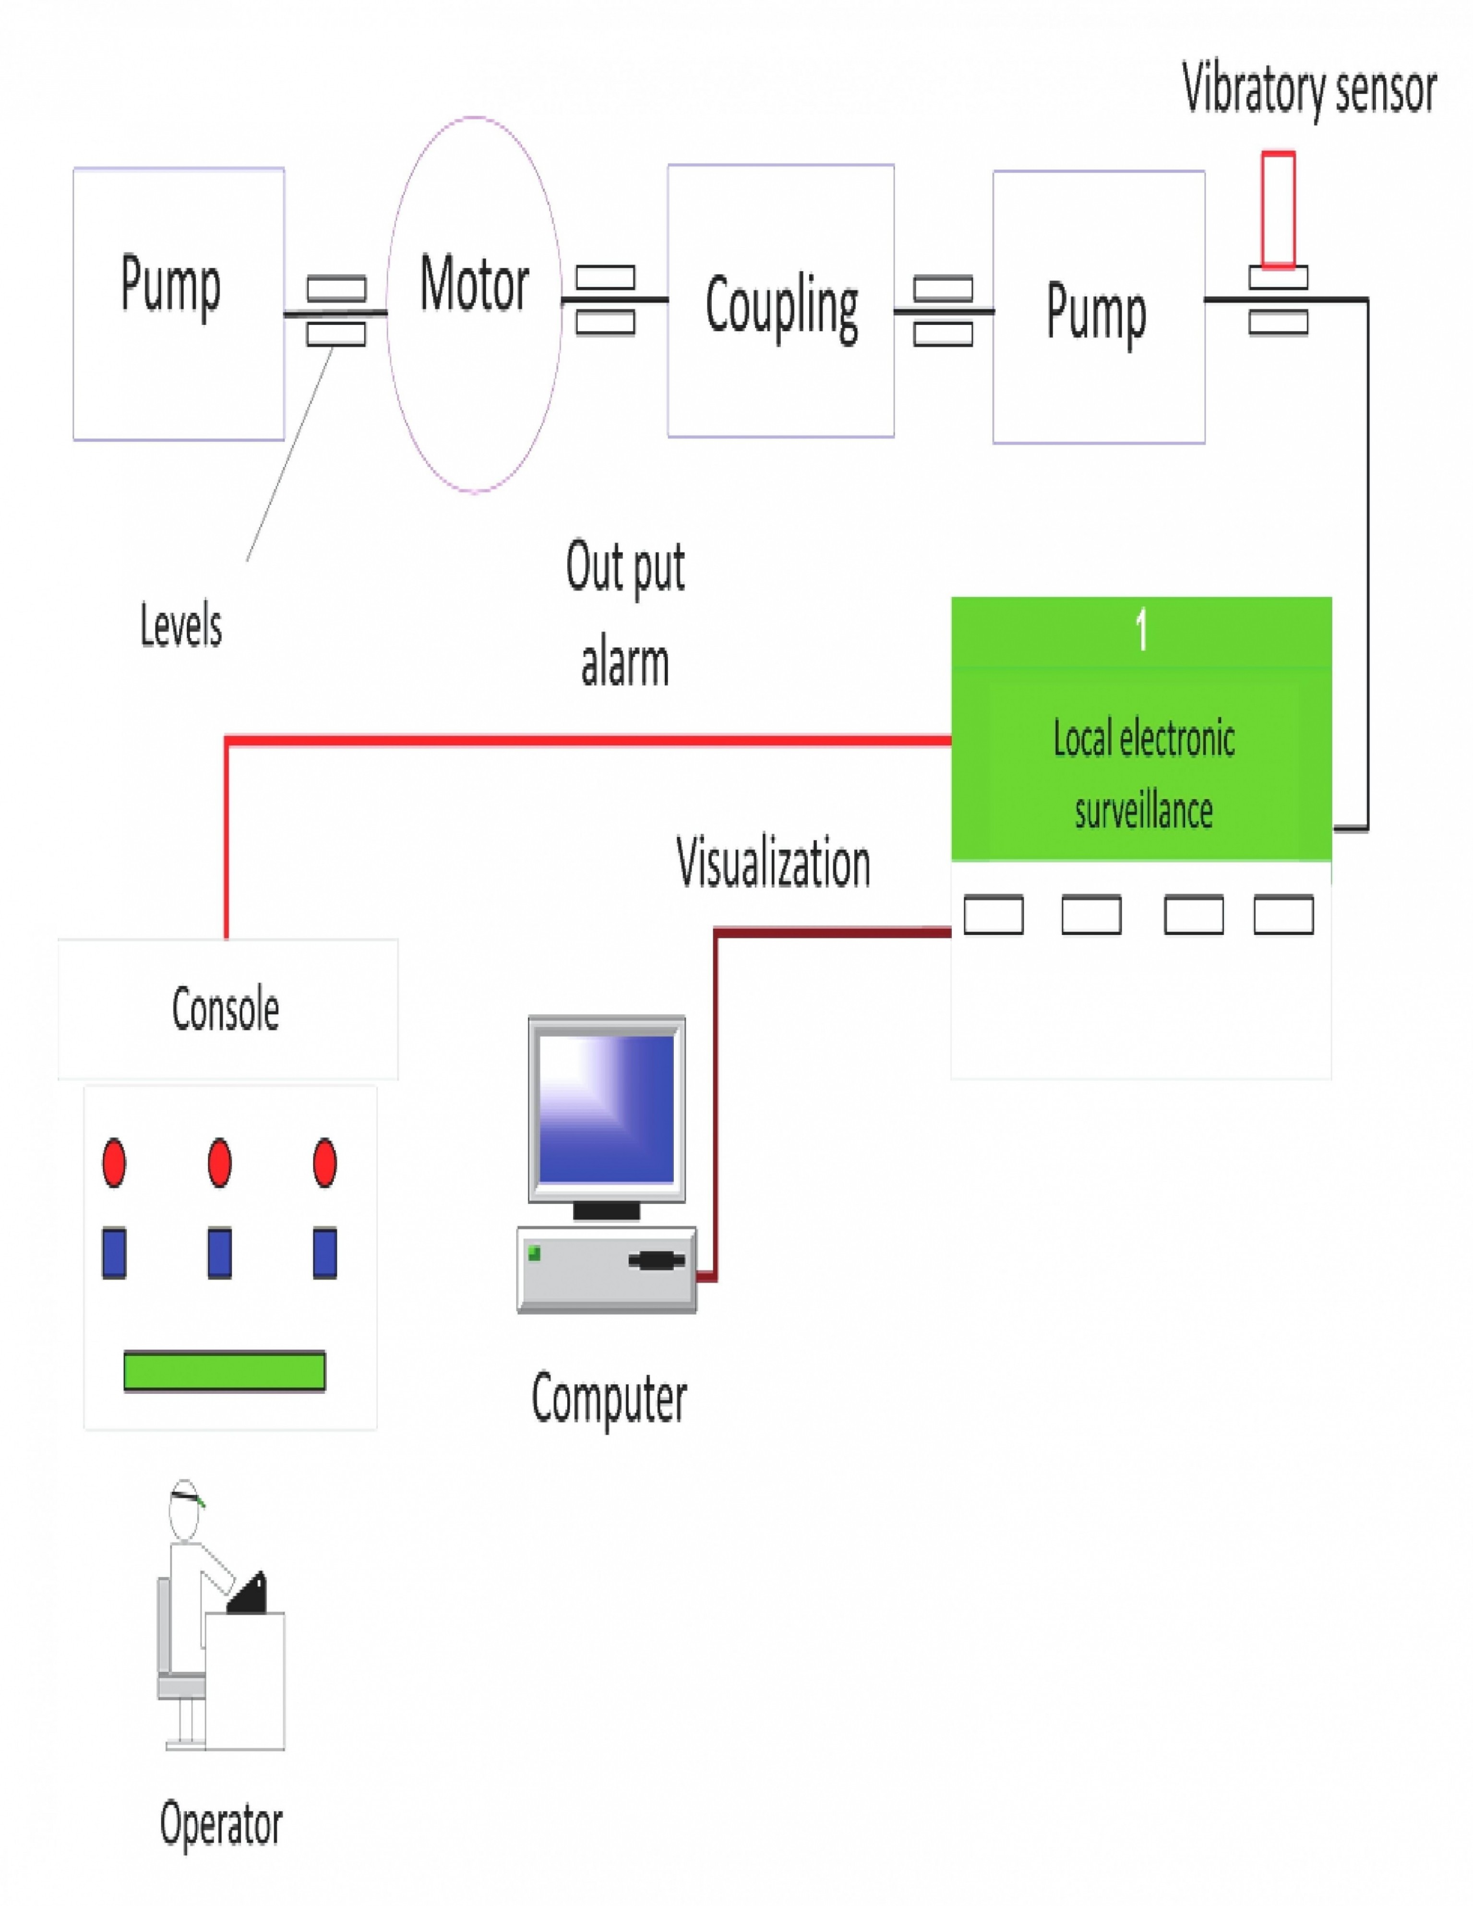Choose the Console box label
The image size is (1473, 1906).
pyautogui.click(x=225, y=1010)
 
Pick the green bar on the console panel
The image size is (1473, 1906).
pyautogui.click(x=224, y=1371)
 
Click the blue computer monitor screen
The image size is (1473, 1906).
pyautogui.click(x=607, y=1108)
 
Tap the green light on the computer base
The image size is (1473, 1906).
pyautogui.click(x=534, y=1254)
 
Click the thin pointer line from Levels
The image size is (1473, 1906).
pyautogui.click(x=290, y=453)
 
